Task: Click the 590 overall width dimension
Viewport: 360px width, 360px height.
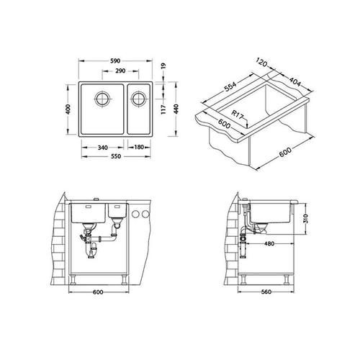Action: [115, 61]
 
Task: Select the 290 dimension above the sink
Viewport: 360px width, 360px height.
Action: [120, 71]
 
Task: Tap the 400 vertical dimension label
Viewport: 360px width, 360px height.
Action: [68, 109]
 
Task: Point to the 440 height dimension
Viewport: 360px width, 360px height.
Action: [176, 109]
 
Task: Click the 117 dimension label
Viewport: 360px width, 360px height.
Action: [163, 109]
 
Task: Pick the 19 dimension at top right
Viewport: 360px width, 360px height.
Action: [163, 66]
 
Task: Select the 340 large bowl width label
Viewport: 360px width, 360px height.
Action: [103, 148]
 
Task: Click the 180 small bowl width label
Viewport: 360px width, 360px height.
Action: [139, 147]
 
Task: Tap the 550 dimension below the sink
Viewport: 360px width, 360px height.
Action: [116, 156]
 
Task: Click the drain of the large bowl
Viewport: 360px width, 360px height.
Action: [103, 99]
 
